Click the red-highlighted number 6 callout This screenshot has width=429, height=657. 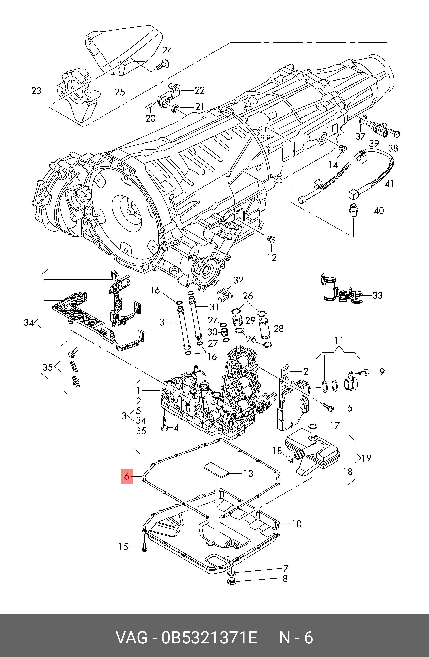tap(127, 476)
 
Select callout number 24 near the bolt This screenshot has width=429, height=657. tap(167, 50)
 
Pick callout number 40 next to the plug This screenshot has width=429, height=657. tap(379, 211)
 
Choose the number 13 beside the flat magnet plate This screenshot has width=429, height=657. tap(248, 473)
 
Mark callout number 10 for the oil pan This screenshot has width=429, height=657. tap(297, 524)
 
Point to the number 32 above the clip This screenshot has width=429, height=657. tap(238, 280)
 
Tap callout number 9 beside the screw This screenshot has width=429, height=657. tap(382, 372)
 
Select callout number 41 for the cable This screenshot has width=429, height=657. tap(389, 184)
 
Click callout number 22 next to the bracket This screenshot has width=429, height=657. tap(200, 90)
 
